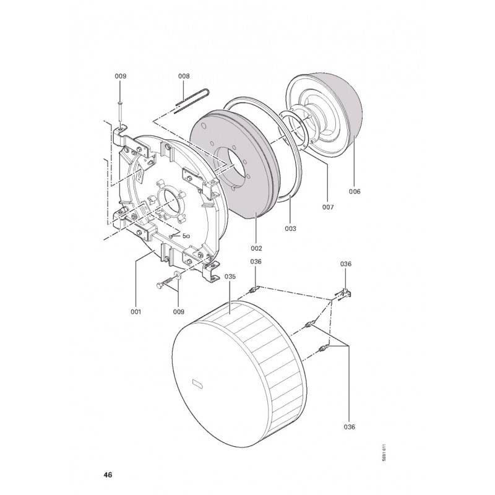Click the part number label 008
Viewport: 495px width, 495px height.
pos(184,76)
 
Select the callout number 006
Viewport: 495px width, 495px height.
pos(354,192)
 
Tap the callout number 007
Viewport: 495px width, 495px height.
pos(328,207)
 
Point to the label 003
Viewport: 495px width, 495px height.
pos(290,228)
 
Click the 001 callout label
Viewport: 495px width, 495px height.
pos(136,311)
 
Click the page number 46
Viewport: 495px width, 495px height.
pos(108,475)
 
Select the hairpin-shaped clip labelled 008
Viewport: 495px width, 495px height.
pos(192,99)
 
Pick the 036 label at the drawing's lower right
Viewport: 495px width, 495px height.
pos(350,426)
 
